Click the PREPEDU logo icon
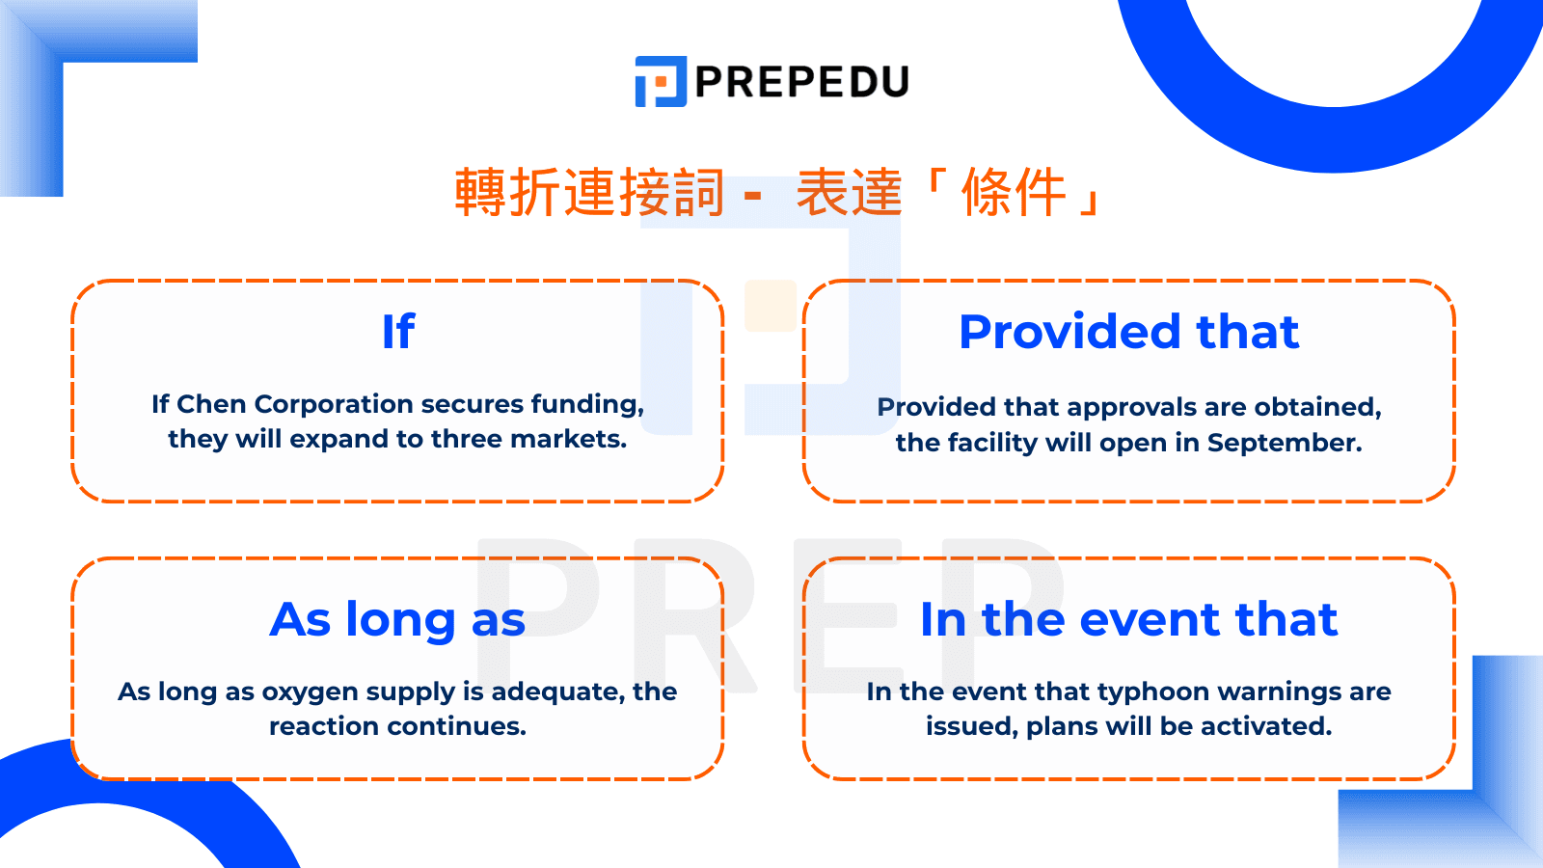click(x=661, y=81)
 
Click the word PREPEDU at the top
click(x=802, y=82)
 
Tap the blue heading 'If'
click(x=398, y=332)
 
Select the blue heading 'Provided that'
click(x=1129, y=332)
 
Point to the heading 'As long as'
click(x=397, y=620)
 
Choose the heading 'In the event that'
click(x=1129, y=619)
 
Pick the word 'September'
click(x=1285, y=443)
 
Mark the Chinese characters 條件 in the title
click(x=1014, y=192)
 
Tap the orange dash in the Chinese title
click(x=753, y=197)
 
